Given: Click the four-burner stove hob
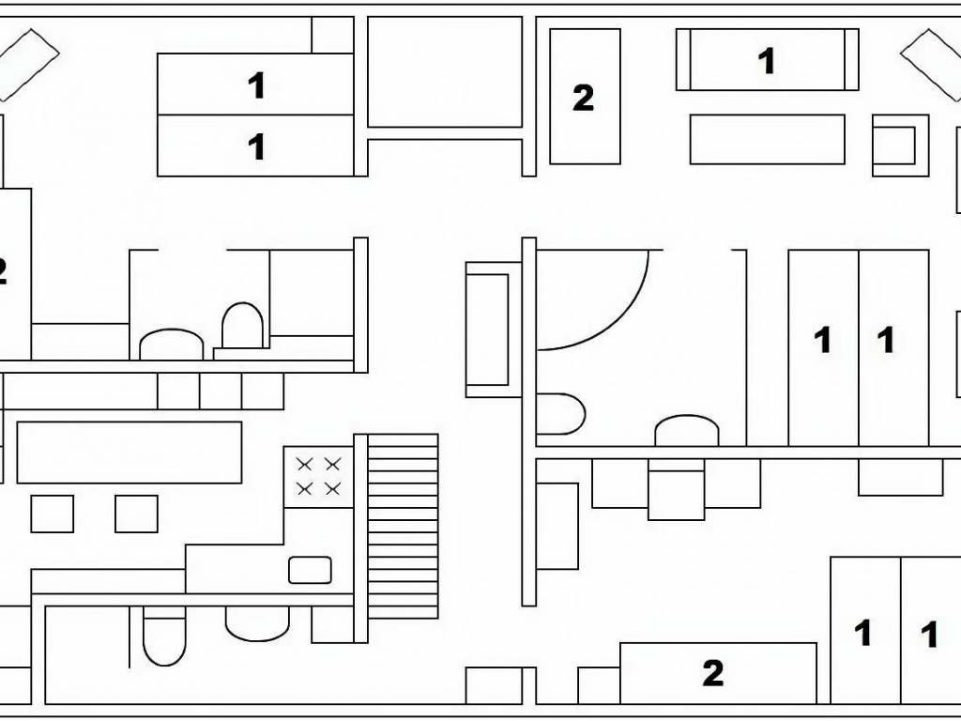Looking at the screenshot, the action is tap(319, 477).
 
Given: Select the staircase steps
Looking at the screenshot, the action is tap(403, 526).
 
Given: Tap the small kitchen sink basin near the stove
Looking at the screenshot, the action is tap(310, 570).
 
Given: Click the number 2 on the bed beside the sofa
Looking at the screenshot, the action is tap(584, 98).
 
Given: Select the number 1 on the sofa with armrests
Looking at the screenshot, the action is tap(766, 61).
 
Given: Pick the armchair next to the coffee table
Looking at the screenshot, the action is tap(900, 146).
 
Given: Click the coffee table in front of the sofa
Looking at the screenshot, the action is tap(768, 139).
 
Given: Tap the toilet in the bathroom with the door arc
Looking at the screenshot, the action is tap(560, 414).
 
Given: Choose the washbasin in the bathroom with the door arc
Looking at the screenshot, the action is tap(686, 430).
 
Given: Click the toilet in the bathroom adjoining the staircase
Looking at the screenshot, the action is tap(164, 637).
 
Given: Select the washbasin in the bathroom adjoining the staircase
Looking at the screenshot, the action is tap(257, 624).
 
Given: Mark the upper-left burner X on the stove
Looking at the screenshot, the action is tap(304, 464).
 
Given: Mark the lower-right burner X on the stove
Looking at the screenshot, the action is tap(332, 488).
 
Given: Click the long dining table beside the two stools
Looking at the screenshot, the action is tap(130, 453).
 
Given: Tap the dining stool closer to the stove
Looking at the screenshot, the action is tap(136, 514).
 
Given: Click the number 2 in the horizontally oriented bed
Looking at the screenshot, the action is tap(713, 673).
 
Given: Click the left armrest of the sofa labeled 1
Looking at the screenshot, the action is tap(683, 59).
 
